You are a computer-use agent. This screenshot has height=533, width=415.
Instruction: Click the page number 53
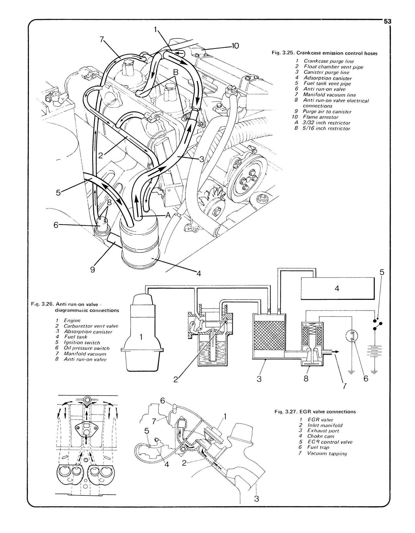click(x=387, y=21)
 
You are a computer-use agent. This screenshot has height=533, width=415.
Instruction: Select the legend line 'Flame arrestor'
click(x=321, y=117)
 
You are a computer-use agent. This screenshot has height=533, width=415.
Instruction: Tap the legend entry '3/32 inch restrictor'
click(x=326, y=123)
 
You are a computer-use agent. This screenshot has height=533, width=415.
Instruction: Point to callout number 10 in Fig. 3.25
click(x=235, y=46)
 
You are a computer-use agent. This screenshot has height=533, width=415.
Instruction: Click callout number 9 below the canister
click(x=92, y=269)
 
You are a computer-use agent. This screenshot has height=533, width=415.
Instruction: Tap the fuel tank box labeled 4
click(x=337, y=288)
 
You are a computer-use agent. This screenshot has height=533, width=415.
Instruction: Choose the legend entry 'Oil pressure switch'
click(x=86, y=348)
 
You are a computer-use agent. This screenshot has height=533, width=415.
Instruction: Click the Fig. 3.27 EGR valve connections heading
click(x=315, y=412)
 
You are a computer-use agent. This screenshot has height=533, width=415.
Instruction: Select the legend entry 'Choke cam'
click(x=321, y=436)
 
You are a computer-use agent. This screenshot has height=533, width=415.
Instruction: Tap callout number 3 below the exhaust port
click(x=256, y=499)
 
